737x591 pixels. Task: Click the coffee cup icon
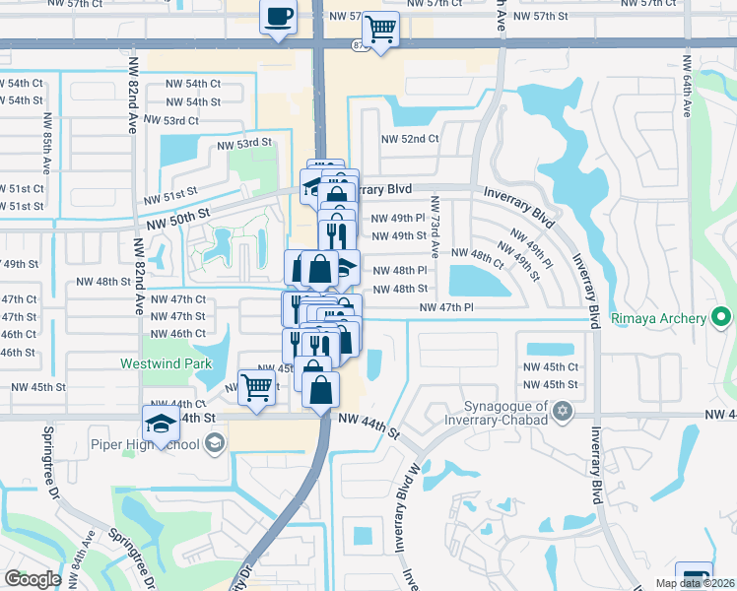point(278,18)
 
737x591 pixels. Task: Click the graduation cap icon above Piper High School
point(160,422)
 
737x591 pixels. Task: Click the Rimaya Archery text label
point(658,318)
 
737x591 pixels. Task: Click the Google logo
point(33,579)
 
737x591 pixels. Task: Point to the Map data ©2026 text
point(694,583)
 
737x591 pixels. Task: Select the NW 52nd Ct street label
point(406,139)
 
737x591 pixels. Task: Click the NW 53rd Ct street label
point(170,120)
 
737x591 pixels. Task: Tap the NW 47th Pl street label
point(447,308)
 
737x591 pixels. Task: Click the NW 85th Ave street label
point(46,142)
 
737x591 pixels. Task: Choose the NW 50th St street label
point(177,214)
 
